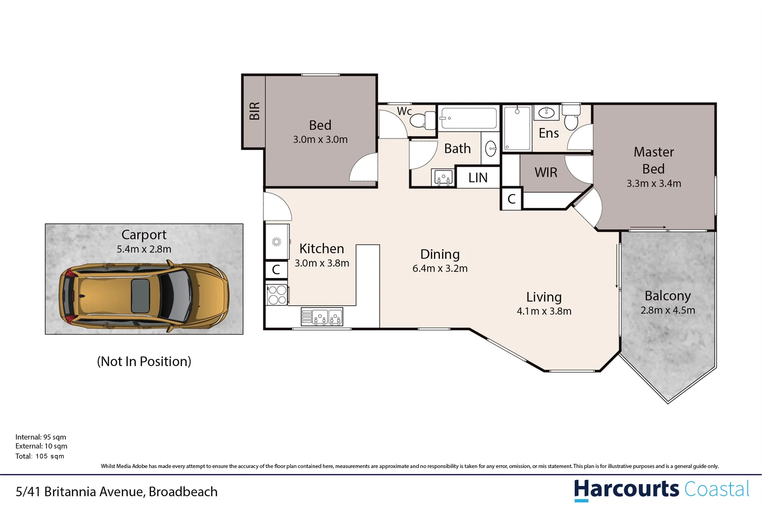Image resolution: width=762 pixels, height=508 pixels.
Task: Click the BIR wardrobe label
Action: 254,111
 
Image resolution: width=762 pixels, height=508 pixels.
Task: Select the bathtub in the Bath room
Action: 468,118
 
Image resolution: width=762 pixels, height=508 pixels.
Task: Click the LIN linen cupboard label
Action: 478,178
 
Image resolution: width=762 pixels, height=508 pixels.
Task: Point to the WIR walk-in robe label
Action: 546,173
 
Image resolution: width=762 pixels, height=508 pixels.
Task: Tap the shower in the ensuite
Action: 517,128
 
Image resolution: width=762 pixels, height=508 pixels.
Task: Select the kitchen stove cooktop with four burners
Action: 277,295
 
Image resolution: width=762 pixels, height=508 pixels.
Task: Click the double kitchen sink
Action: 322,317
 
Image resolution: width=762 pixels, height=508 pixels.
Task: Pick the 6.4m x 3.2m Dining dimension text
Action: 440,269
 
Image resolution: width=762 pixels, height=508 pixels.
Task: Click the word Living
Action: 544,297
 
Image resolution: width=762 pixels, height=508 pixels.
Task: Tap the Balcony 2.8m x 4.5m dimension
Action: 667,310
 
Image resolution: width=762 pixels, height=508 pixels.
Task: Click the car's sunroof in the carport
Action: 140,296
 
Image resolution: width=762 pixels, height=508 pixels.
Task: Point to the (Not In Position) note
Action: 144,361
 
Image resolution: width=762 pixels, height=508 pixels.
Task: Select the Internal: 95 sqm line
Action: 40,437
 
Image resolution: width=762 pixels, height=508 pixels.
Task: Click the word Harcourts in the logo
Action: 626,489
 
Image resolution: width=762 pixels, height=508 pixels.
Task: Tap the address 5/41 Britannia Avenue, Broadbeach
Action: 117,492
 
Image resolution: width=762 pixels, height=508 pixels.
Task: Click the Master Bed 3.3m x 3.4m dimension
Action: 653,184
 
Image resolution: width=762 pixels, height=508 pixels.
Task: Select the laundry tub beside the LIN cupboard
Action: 443,178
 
